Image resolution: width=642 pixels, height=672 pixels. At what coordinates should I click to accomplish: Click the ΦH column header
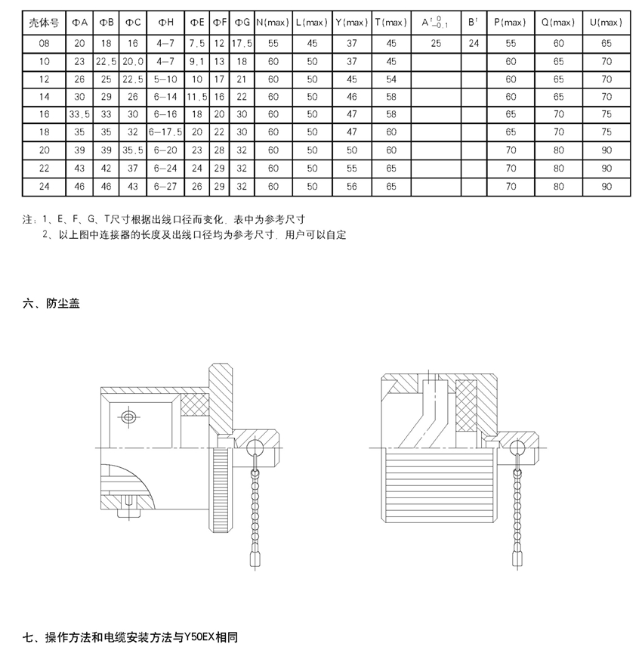pyautogui.click(x=165, y=22)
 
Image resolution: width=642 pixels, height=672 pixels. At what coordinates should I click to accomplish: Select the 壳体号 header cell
pyautogui.click(x=44, y=23)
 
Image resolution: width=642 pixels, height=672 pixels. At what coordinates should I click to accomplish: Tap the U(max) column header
pyautogui.click(x=606, y=22)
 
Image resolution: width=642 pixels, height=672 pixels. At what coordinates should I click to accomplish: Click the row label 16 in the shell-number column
pyautogui.click(x=44, y=114)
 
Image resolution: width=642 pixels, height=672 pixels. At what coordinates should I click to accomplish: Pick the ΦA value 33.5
pyautogui.click(x=79, y=114)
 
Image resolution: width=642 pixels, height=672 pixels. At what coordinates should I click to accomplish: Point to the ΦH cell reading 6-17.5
pyautogui.click(x=165, y=132)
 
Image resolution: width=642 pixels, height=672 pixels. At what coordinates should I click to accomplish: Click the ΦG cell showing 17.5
pyautogui.click(x=242, y=43)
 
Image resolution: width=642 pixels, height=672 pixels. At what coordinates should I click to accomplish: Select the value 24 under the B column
pyautogui.click(x=474, y=43)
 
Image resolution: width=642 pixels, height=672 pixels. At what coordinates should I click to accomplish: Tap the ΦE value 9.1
pyautogui.click(x=197, y=62)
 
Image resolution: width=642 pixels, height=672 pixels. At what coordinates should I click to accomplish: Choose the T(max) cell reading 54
pyautogui.click(x=391, y=79)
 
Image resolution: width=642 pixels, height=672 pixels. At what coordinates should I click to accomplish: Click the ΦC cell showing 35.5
pyautogui.click(x=133, y=150)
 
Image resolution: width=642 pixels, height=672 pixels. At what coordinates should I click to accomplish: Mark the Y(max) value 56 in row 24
pyautogui.click(x=352, y=187)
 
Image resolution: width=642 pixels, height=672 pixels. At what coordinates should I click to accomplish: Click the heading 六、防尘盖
pyautogui.click(x=51, y=304)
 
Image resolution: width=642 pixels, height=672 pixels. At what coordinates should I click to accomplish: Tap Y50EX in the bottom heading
pyautogui.click(x=199, y=637)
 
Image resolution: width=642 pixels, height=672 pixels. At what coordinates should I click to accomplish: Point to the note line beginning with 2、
pyautogui.click(x=194, y=235)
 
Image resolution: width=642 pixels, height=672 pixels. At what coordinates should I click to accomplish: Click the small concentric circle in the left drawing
pyautogui.click(x=128, y=417)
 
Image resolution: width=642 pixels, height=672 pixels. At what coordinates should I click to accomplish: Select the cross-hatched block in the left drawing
pyautogui.click(x=195, y=404)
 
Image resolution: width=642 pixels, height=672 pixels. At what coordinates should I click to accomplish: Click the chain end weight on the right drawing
pyautogui.click(x=517, y=557)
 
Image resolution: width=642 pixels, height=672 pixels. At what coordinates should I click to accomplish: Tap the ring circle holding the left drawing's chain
pyautogui.click(x=255, y=447)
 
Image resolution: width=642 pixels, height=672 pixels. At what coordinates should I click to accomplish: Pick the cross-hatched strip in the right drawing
pyautogui.click(x=466, y=406)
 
